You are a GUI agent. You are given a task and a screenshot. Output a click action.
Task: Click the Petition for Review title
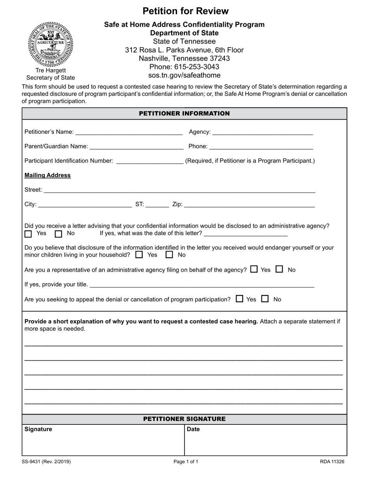(185, 11)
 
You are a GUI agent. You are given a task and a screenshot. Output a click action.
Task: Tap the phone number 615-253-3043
(184, 67)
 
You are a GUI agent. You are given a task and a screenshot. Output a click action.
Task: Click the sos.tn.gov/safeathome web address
(184, 75)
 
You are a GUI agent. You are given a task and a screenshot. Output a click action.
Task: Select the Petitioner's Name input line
(129, 132)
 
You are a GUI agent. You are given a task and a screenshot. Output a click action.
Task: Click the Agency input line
(263, 132)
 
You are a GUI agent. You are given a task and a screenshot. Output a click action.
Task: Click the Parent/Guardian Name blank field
(136, 147)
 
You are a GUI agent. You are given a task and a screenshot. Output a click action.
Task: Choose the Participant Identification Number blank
(150, 161)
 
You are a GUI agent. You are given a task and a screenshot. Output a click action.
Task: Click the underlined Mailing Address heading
(47, 175)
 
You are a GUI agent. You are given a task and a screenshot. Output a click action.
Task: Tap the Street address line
(179, 190)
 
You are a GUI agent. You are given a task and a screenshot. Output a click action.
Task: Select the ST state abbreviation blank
(157, 204)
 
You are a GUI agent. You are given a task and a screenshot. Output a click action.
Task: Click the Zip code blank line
(249, 204)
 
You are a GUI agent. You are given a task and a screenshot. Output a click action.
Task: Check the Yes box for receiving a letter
(28, 234)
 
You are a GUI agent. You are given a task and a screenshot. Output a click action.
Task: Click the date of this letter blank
(245, 234)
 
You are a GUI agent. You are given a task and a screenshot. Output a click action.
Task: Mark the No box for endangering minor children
(169, 255)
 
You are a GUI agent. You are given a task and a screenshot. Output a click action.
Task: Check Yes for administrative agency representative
(254, 269)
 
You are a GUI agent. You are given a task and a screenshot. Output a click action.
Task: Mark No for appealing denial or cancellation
(265, 299)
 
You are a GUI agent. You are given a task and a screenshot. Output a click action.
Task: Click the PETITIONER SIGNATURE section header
(184, 419)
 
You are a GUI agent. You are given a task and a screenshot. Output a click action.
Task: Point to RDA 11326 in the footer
(332, 462)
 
